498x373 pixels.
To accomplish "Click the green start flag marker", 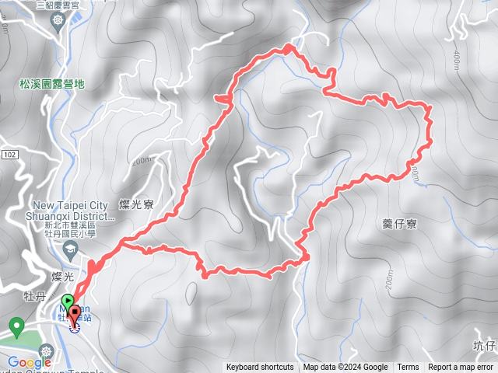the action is click(68, 300).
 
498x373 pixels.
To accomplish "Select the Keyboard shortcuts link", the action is click(260, 368).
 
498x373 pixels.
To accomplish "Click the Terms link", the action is click(408, 368).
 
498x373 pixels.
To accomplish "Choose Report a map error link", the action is click(461, 368).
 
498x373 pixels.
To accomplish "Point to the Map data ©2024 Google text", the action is click(345, 368).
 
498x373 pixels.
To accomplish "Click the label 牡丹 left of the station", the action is click(34, 296).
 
